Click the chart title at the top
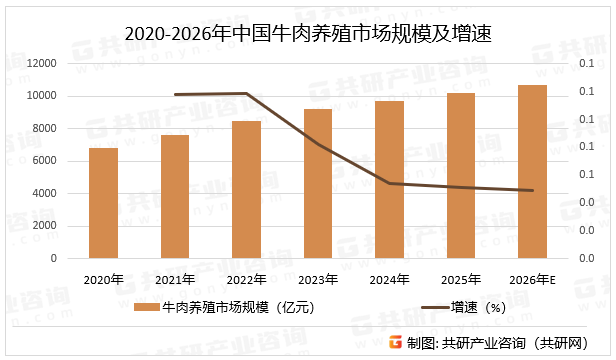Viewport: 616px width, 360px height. pyautogui.click(x=308, y=34)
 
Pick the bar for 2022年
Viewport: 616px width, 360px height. pyautogui.click(x=246, y=189)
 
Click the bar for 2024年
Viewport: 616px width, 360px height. pyautogui.click(x=389, y=179)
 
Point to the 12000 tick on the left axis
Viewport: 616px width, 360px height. pyautogui.click(x=41, y=63)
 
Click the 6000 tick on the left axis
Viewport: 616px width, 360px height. pyautogui.click(x=44, y=161)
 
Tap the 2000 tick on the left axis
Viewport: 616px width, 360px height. pyautogui.click(x=44, y=226)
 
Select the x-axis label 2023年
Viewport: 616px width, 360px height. pyautogui.click(x=318, y=279)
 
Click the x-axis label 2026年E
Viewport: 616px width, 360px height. pyautogui.click(x=532, y=279)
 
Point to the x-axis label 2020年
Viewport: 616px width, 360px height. pyautogui.click(x=103, y=279)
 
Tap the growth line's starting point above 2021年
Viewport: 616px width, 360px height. pyautogui.click(x=174, y=95)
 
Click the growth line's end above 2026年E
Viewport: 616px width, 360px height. pyautogui.click(x=532, y=190)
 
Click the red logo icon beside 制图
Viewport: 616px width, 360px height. pyautogui.click(x=395, y=342)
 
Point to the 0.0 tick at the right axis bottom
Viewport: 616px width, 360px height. pyautogui.click(x=587, y=258)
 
